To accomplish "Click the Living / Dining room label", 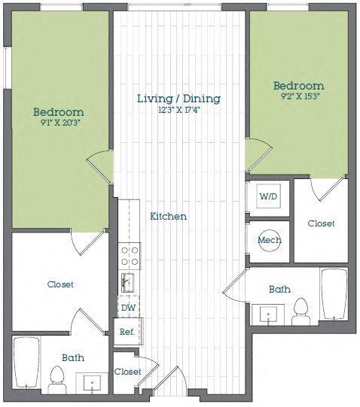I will (178, 99).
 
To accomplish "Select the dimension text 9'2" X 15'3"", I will (299, 97).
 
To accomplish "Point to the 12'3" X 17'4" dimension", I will (178, 111).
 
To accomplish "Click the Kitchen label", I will (168, 216).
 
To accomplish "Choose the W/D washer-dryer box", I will (268, 197).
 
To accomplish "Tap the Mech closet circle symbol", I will (269, 241).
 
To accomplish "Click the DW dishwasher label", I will (128, 307).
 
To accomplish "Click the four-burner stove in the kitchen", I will (130, 257).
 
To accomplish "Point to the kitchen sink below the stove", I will (129, 283).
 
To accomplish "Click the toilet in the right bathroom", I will (301, 310).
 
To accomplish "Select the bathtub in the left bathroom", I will (27, 363).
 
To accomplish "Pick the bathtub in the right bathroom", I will (334, 295).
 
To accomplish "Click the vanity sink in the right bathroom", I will (267, 314).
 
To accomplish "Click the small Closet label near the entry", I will (127, 372).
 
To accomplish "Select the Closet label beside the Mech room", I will (321, 223).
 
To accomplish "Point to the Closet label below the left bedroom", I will (60, 284).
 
